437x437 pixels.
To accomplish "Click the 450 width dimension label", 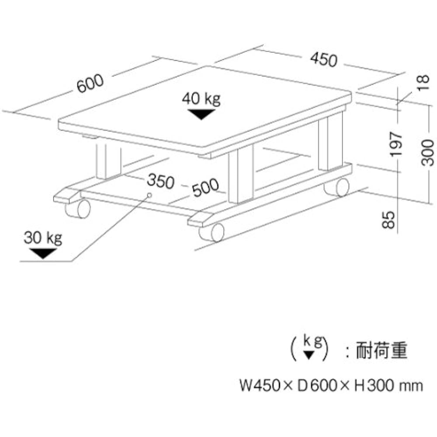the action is [323, 60].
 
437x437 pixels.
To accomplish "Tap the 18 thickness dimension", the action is [423, 82].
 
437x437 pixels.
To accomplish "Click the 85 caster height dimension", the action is [389, 220].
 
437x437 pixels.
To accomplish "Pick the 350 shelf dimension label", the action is [160, 181].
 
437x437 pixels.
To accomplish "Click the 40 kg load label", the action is [201, 99].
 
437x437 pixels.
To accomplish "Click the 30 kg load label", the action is [43, 238].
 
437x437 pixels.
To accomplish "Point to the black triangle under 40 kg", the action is [201, 114].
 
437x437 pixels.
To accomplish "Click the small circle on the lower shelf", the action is [149, 195].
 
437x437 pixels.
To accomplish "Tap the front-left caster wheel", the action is [78, 208].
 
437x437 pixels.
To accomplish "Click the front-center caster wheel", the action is [212, 232].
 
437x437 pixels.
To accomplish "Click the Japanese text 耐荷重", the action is [382, 350].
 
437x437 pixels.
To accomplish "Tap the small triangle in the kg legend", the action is [309, 355].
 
